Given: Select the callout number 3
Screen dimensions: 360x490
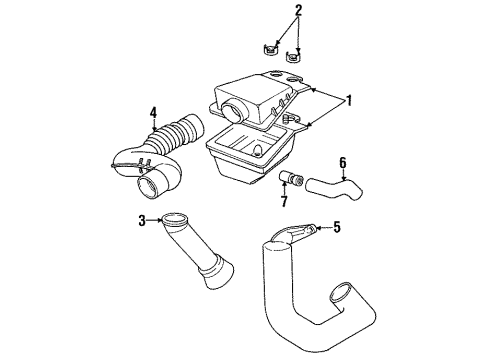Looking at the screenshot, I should tap(142, 220).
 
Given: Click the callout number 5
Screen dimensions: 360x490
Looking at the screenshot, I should tap(336, 227).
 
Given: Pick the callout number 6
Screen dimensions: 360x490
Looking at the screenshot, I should tap(342, 162).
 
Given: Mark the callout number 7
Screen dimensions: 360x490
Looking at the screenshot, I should tap(284, 201).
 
